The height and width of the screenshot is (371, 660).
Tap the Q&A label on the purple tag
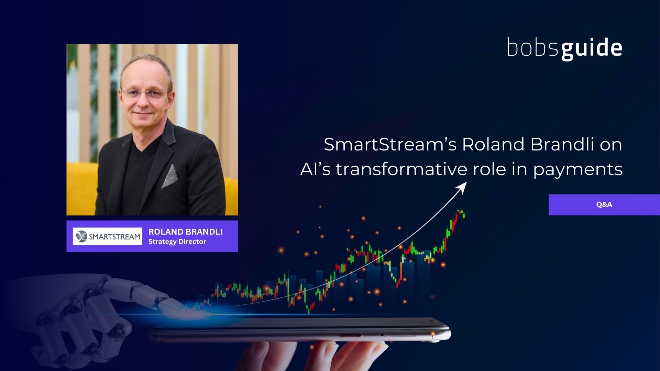point(604,204)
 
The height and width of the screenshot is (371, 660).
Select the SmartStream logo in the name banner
point(108,236)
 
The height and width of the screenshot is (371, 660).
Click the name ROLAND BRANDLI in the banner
point(185,232)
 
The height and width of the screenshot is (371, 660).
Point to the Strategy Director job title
point(177,241)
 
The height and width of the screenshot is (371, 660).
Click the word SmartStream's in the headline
point(390,144)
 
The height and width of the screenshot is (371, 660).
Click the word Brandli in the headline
point(562,144)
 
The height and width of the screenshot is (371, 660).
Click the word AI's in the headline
point(315,169)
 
